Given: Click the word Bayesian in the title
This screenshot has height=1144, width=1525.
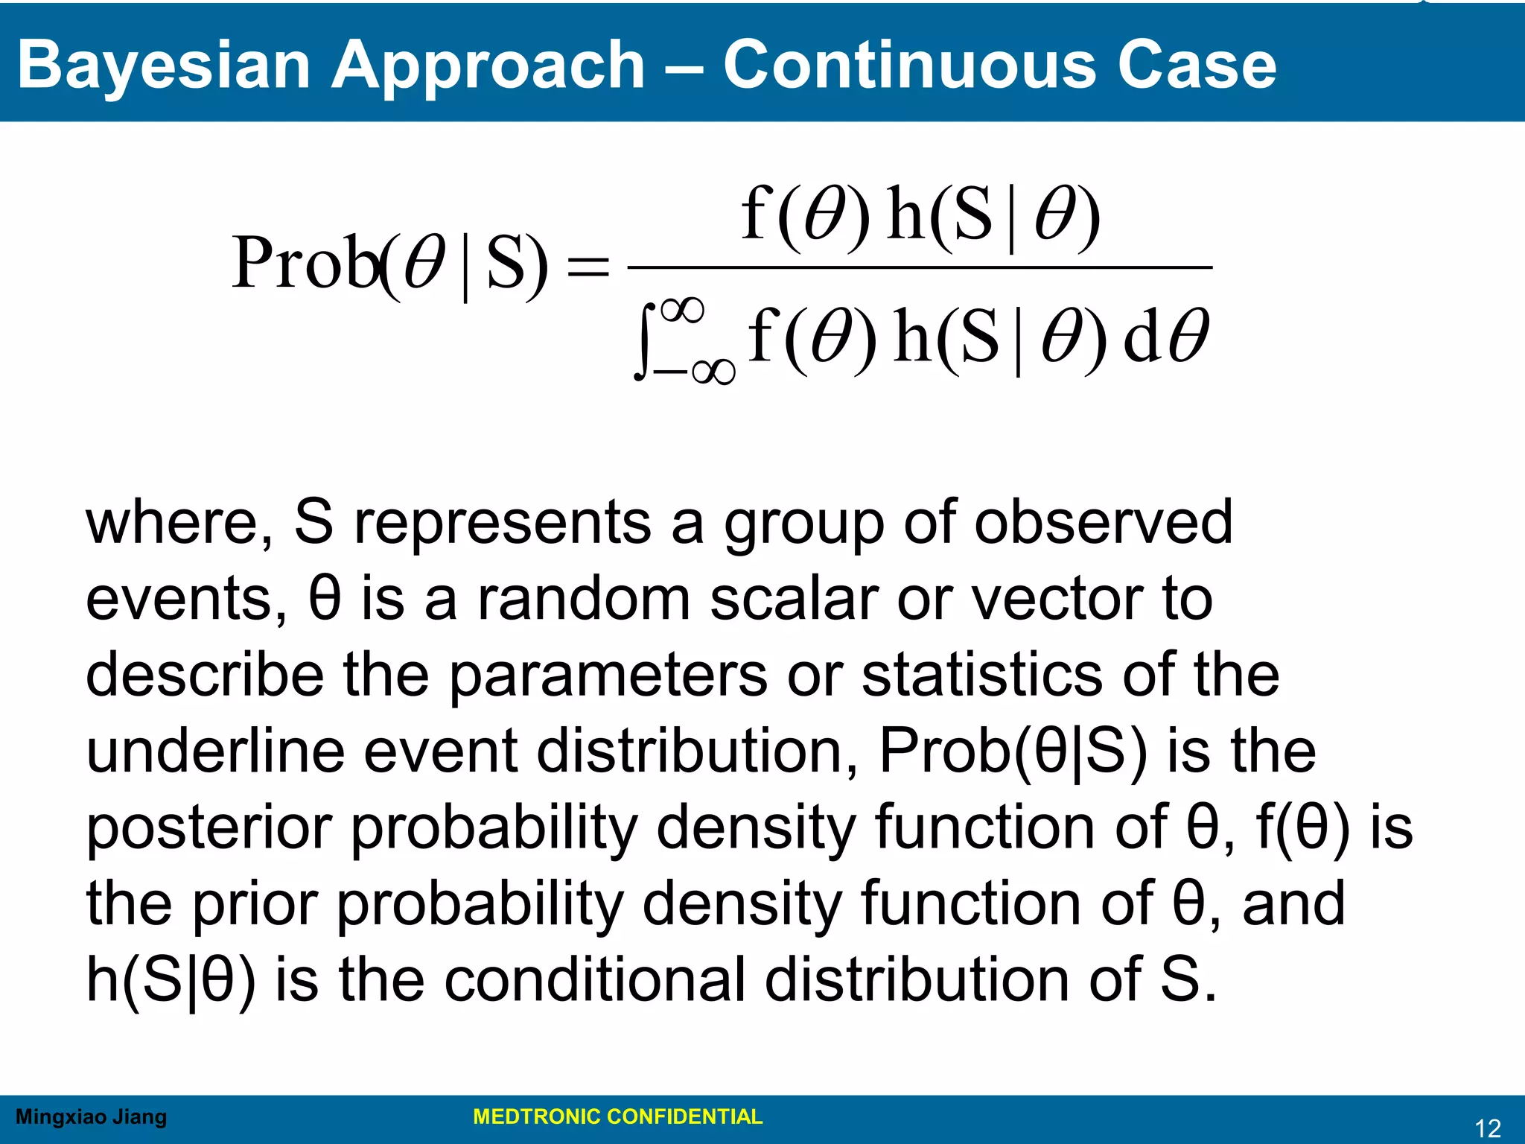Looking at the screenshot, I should [x=163, y=66].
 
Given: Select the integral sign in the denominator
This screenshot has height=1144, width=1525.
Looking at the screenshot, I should [x=645, y=341].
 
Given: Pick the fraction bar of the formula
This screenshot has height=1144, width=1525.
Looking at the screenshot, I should [x=920, y=267].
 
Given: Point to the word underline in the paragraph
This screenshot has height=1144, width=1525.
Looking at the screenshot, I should [x=215, y=751].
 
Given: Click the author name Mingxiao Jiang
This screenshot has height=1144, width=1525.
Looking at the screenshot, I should [x=91, y=1117].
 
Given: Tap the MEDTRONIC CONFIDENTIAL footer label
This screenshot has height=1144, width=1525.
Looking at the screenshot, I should [x=617, y=1117].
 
